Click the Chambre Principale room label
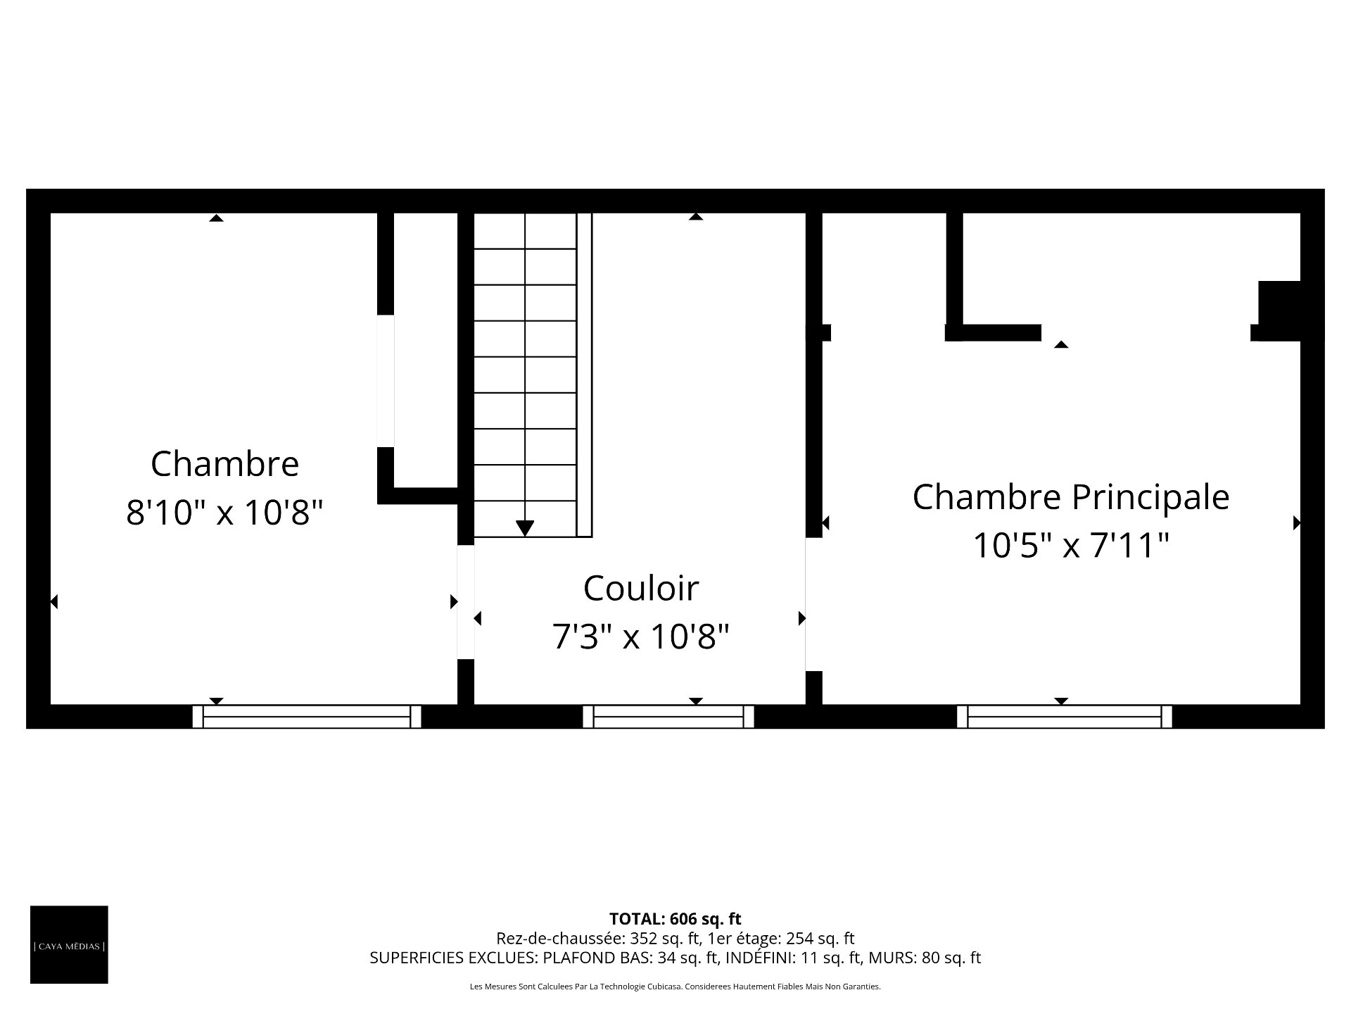tap(1070, 497)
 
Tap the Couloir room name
tap(641, 588)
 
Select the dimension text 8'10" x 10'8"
tap(224, 512)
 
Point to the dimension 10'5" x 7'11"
tap(1070, 545)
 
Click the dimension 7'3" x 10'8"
tap(641, 637)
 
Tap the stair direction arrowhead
tap(525, 528)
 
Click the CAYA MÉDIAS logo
tap(69, 944)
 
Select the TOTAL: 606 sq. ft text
tap(675, 918)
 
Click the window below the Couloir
tap(668, 717)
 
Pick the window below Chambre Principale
tap(1065, 717)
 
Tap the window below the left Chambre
tap(307, 717)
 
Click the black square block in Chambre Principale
tap(1279, 311)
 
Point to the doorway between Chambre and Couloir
tap(466, 602)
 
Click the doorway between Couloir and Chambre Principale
tap(814, 604)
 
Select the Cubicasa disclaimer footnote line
tap(675, 987)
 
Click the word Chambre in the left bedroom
tap(224, 464)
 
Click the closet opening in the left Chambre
tap(386, 381)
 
